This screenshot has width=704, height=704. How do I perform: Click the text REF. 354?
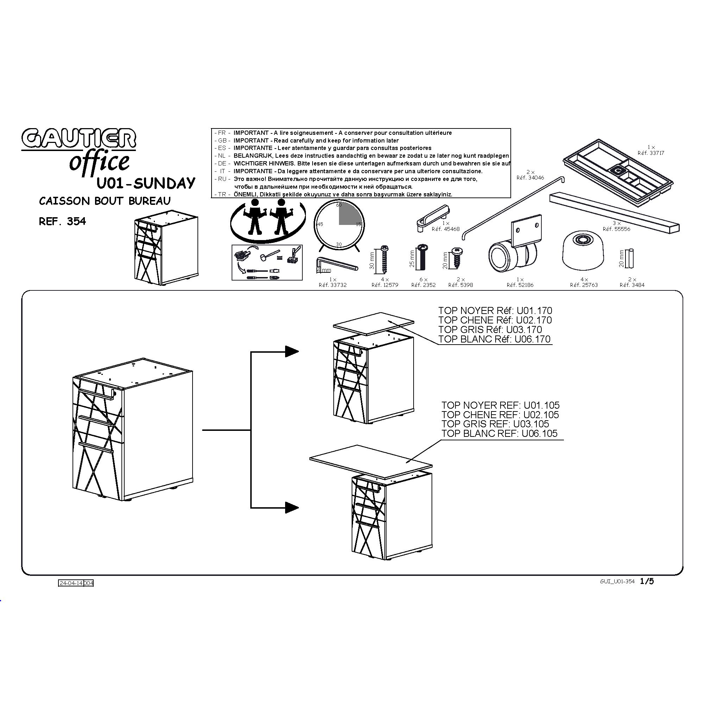coord(62,221)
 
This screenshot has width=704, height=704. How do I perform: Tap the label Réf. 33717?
coord(651,153)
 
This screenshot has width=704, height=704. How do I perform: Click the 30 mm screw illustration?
coord(384,259)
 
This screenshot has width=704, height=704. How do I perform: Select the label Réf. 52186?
coord(520,285)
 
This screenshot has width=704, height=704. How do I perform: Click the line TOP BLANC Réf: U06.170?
coord(495,339)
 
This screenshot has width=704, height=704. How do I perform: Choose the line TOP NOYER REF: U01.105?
coord(500,405)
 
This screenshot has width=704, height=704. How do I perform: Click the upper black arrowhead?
coord(292,351)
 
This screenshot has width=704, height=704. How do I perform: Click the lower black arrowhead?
coord(292,507)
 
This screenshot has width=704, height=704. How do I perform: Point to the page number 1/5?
coord(647,581)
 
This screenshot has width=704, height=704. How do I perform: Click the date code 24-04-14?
coord(71,583)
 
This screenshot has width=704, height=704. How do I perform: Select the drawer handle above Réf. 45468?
coord(433,218)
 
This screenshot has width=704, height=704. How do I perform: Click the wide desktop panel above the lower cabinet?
coord(371,462)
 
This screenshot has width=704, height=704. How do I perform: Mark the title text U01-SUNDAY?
coord(146,183)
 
